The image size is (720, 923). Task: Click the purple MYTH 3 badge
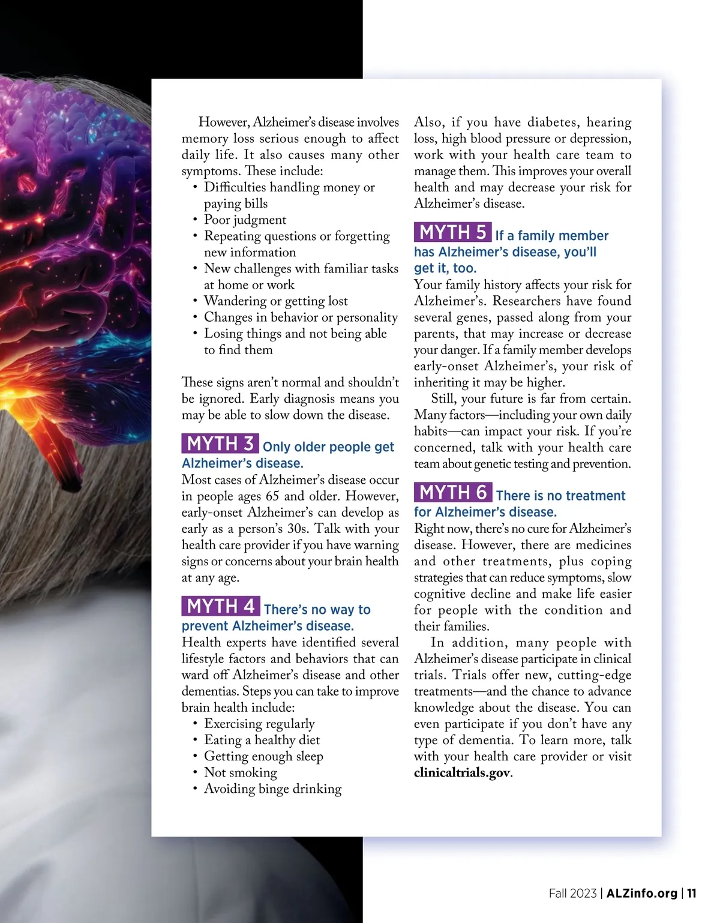(220, 444)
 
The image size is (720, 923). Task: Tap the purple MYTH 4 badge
(220, 607)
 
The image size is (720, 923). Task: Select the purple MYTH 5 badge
(452, 233)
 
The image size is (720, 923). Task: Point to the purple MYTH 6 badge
(452, 493)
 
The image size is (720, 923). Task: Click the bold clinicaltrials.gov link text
(462, 773)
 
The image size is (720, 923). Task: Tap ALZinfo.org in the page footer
(641, 894)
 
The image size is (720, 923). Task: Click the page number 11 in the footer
(691, 894)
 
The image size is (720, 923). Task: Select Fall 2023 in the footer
(572, 894)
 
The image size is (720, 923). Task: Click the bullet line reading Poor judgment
(245, 220)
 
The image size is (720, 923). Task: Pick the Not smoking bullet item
(240, 773)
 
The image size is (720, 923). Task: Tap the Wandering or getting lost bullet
(275, 301)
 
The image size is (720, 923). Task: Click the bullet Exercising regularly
(259, 724)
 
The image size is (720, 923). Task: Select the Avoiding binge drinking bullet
(272, 789)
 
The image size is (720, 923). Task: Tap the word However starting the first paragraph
(224, 122)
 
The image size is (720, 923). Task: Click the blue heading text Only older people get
(328, 447)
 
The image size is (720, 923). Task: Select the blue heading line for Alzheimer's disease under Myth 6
(485, 513)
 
